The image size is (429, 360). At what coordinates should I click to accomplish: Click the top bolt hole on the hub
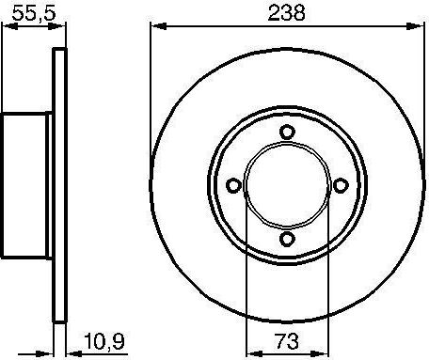pyautogui.click(x=289, y=131)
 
